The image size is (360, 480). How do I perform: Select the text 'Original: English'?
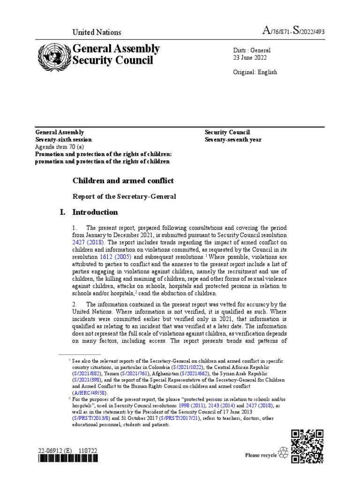[255, 72]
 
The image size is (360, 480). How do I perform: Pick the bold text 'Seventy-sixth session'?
[64, 140]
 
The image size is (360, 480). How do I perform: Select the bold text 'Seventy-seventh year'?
[233, 140]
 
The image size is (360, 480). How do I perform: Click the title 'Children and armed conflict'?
[123, 180]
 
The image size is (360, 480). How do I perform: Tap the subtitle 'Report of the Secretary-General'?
[124, 196]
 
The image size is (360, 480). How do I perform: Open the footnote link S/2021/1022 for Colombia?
[186, 367]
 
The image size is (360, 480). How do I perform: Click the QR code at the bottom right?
[307, 447]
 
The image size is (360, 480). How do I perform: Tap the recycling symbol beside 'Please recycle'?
[283, 452]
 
